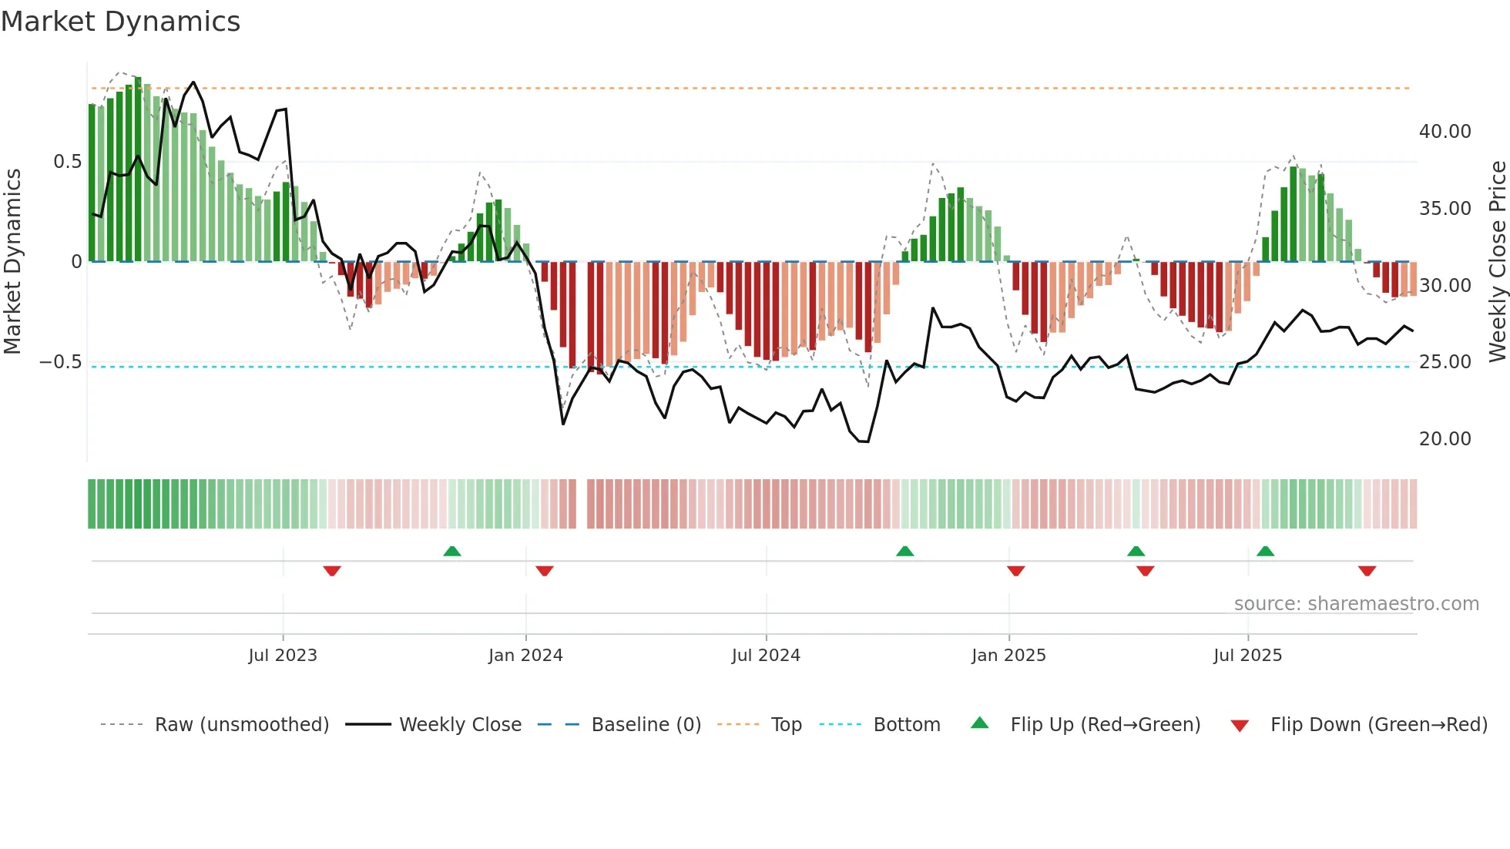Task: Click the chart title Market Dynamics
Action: pyautogui.click(x=120, y=22)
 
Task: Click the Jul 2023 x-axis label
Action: pyautogui.click(x=283, y=656)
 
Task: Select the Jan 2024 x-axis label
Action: pyautogui.click(x=525, y=656)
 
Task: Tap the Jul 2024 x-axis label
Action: pyautogui.click(x=766, y=656)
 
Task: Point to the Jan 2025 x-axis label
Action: pyautogui.click(x=1008, y=656)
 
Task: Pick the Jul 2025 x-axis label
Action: pyautogui.click(x=1247, y=656)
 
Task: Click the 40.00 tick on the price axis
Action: pyautogui.click(x=1445, y=132)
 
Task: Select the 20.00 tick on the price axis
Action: pyautogui.click(x=1445, y=439)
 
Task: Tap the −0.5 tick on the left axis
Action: pyautogui.click(x=60, y=362)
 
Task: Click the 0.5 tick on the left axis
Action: pyautogui.click(x=67, y=162)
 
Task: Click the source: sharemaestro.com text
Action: pyautogui.click(x=1356, y=604)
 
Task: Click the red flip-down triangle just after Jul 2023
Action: pyautogui.click(x=332, y=571)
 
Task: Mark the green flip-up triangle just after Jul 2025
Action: pyautogui.click(x=1265, y=551)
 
